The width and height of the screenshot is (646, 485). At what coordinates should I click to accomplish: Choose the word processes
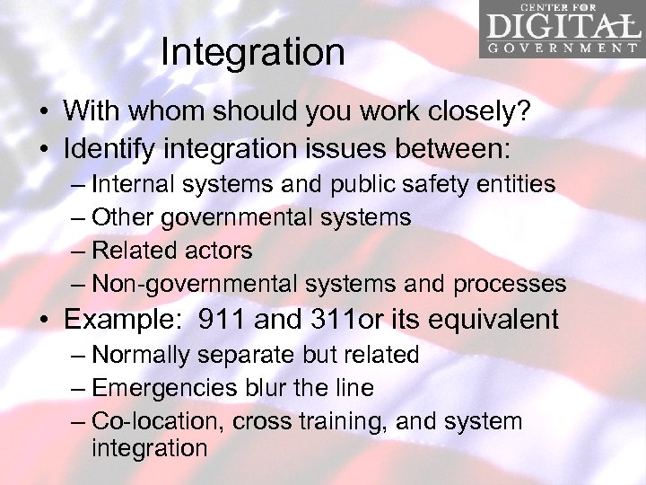click(x=510, y=284)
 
